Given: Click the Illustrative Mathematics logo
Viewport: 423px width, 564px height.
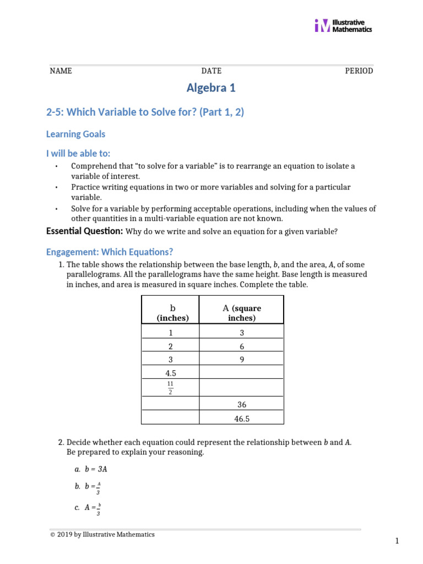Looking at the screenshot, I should (x=343, y=26).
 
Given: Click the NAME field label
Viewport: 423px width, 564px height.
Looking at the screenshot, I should (x=61, y=71).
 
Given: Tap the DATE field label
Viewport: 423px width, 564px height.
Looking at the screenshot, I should (x=211, y=71).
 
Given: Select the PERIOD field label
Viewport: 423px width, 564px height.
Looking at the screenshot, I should (x=359, y=71).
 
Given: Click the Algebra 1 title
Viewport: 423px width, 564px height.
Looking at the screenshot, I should (x=211, y=88).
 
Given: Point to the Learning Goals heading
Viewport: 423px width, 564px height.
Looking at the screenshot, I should (x=75, y=134).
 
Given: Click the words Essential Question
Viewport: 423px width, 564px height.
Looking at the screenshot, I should (x=84, y=231).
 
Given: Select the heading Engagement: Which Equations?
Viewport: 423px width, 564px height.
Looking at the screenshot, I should (x=110, y=252).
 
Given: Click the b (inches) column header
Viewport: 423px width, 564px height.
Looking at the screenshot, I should (x=170, y=312).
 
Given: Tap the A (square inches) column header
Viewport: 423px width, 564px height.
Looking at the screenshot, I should (x=241, y=312).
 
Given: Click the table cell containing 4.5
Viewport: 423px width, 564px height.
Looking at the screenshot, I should (x=170, y=373).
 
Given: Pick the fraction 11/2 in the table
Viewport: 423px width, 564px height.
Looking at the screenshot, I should (x=170, y=387).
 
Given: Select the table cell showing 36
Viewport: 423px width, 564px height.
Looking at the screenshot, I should (x=241, y=404).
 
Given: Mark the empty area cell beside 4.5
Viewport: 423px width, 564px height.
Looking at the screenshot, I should (x=241, y=373).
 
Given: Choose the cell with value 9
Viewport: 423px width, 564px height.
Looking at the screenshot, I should (x=241, y=359).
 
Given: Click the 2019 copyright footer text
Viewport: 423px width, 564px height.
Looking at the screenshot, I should (x=102, y=534).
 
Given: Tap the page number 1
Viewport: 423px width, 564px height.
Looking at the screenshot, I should (x=397, y=541).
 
